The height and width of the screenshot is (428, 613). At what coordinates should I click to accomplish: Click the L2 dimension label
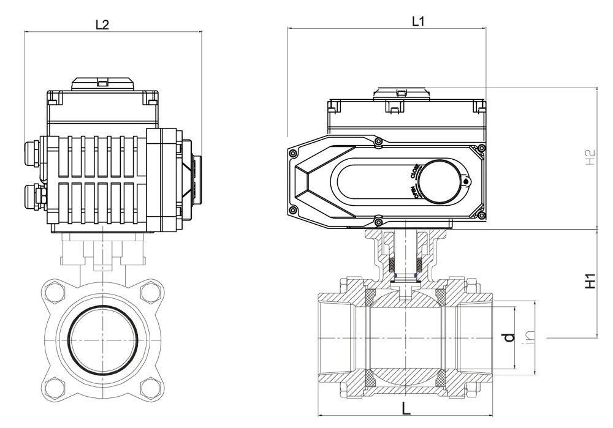click(x=102, y=24)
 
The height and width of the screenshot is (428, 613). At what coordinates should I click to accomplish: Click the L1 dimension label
click(x=418, y=21)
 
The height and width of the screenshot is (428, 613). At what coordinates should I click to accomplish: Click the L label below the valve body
click(x=406, y=408)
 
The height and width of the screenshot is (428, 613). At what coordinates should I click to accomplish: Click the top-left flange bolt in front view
click(x=54, y=291)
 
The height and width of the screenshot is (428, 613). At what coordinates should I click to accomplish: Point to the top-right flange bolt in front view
click(x=149, y=291)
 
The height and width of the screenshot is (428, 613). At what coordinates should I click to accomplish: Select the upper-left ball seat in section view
click(x=370, y=296)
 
